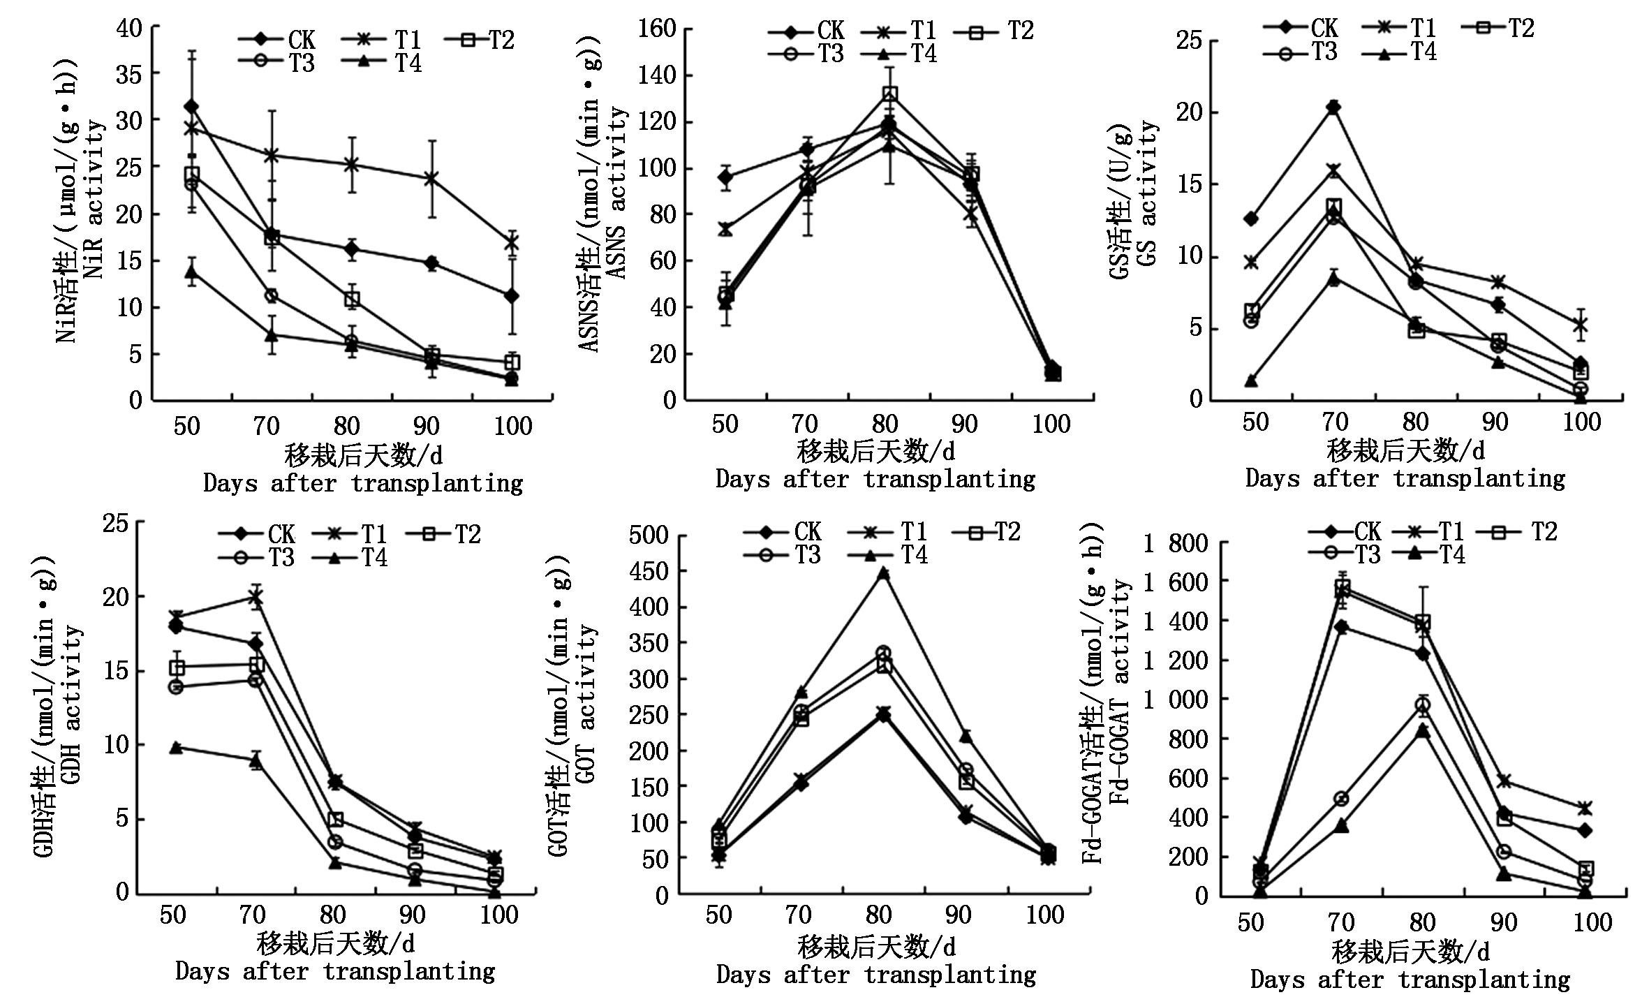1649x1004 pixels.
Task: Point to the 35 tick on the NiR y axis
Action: [x=129, y=75]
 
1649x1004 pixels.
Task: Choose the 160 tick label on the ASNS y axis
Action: [x=657, y=29]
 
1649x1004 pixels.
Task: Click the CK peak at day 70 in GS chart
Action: [x=1333, y=107]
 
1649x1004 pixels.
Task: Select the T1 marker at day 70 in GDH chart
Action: [x=256, y=597]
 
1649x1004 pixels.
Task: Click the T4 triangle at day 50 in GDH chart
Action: [x=176, y=748]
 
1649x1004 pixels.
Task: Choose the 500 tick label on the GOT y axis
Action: [x=649, y=536]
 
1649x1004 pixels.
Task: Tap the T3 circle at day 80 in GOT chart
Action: [x=883, y=654]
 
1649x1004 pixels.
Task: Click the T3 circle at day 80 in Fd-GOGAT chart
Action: [x=1422, y=705]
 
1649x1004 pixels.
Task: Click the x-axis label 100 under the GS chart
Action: [x=1581, y=422]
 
